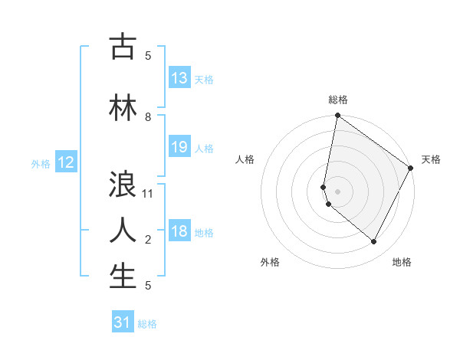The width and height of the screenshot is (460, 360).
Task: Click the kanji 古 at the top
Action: tap(123, 47)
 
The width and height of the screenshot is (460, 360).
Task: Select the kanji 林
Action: tap(123, 108)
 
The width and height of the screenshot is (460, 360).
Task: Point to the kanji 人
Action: tap(123, 230)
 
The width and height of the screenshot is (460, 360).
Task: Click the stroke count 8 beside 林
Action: tap(148, 117)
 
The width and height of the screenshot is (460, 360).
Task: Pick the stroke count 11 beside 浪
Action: tap(148, 194)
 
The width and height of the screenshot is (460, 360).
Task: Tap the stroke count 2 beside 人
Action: tap(148, 240)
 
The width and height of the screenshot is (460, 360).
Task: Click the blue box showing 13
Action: tap(179, 78)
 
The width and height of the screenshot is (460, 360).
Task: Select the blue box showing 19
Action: tap(179, 147)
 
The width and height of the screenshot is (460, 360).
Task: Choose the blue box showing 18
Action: tap(179, 231)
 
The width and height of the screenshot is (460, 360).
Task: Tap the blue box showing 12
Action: tap(66, 162)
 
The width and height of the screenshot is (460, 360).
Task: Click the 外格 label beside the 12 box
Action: tap(41, 163)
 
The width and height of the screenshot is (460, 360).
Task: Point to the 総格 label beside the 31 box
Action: tap(147, 324)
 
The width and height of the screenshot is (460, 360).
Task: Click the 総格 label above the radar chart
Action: tap(338, 100)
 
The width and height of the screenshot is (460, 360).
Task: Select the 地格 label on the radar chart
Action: tap(402, 263)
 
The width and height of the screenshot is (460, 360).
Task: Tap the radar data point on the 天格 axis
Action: tap(411, 169)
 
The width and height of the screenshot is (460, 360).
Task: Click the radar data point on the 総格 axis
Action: tap(337, 116)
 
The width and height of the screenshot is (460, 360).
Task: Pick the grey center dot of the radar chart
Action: tap(338, 191)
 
